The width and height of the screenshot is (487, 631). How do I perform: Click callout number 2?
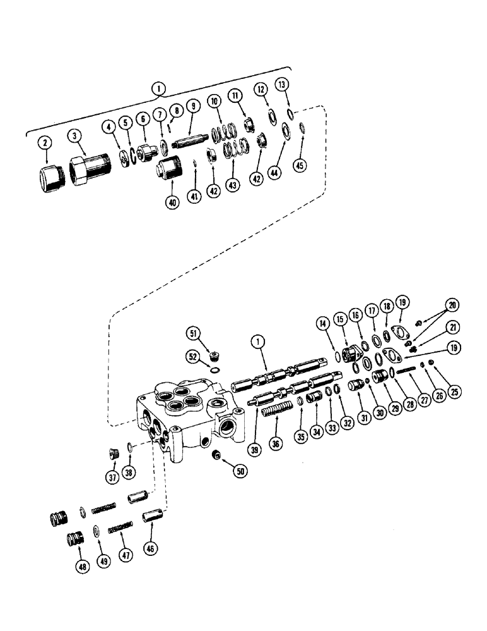tap(44, 144)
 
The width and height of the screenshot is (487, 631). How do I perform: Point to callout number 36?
tap(274, 444)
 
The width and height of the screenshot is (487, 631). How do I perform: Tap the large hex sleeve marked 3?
tap(84, 171)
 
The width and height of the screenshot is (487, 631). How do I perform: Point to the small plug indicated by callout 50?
tap(217, 455)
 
